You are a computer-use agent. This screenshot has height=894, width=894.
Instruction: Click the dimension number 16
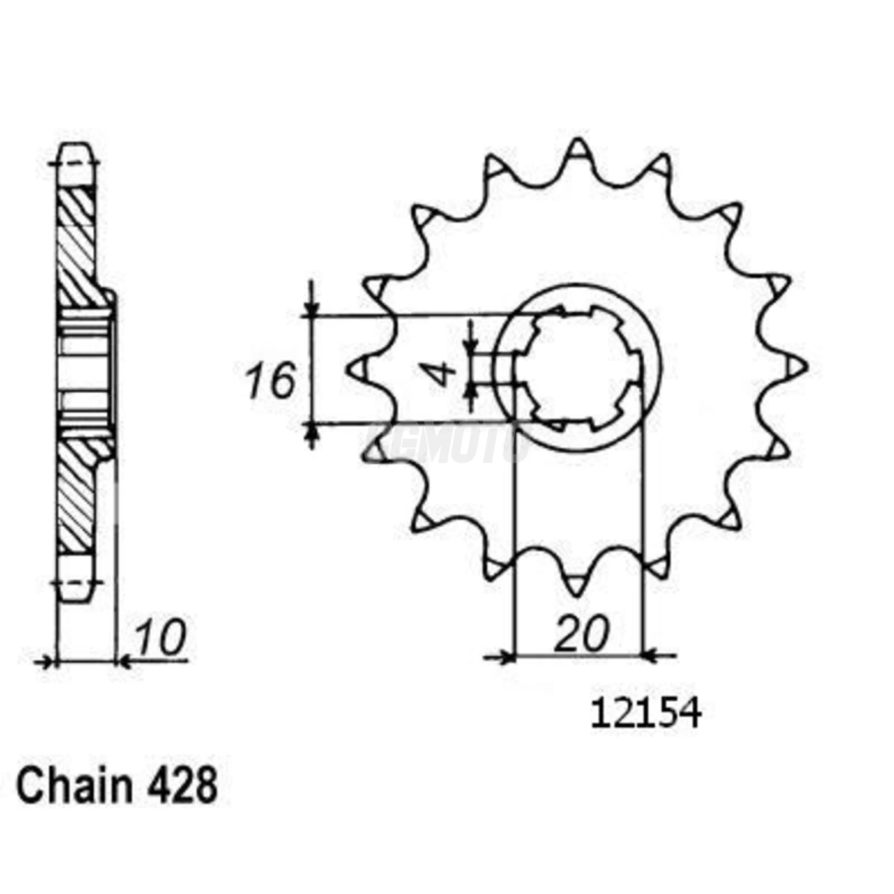(271, 381)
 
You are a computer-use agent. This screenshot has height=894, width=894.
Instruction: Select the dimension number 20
(581, 634)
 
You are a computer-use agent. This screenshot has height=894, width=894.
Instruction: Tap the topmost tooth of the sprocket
(577, 150)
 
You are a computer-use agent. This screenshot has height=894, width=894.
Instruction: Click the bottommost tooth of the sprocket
(577, 584)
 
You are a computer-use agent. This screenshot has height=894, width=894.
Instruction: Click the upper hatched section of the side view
(77, 246)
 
